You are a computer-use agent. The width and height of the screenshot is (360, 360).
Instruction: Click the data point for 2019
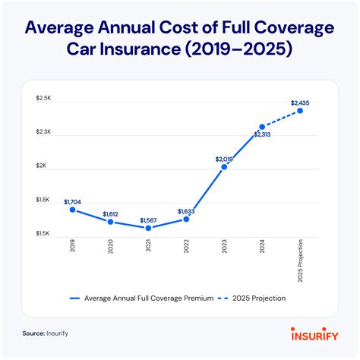tap(73, 210)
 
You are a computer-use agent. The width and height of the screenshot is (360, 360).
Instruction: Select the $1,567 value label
tap(148, 220)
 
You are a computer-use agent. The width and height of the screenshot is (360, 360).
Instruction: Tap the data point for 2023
tap(224, 167)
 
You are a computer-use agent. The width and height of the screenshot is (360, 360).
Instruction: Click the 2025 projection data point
tap(300, 111)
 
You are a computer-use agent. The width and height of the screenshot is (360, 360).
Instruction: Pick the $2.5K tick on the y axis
tap(42, 98)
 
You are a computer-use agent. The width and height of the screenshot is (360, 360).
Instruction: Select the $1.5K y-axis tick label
tap(42, 233)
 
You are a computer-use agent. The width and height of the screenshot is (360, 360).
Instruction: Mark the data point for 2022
tap(186, 219)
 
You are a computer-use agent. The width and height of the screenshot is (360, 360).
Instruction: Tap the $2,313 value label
tap(262, 134)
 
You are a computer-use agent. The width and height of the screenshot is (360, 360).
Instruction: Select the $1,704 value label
tap(73, 201)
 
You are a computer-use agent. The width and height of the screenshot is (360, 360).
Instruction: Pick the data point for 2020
tap(110, 223)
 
